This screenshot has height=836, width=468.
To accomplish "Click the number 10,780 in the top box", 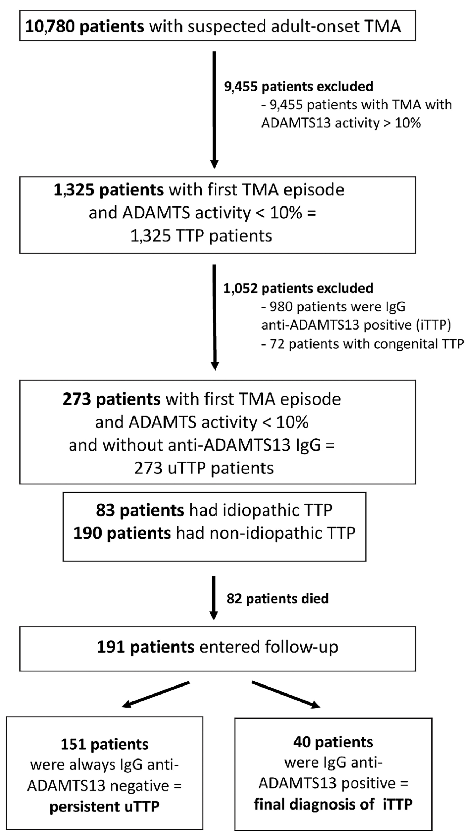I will click(50, 26).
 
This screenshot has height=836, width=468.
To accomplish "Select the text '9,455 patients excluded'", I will click(298, 86).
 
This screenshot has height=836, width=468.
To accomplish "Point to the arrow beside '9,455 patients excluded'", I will click(215, 109).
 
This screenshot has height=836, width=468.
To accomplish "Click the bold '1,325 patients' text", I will click(108, 190).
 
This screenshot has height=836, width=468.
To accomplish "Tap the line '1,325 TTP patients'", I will click(201, 236).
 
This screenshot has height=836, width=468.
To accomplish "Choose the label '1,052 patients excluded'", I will click(298, 288).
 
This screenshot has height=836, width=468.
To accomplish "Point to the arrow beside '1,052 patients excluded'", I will click(215, 317).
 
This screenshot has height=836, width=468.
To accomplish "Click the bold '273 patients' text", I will click(111, 399).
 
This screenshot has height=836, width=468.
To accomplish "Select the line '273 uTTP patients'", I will click(204, 468).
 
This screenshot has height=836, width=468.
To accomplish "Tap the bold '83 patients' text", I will click(140, 510).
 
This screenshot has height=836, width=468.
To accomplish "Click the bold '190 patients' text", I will click(122, 533).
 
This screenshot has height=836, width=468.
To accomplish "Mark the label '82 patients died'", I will click(277, 599).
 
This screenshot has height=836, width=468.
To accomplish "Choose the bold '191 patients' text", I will click(145, 647).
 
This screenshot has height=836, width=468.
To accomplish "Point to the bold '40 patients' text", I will click(333, 742).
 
